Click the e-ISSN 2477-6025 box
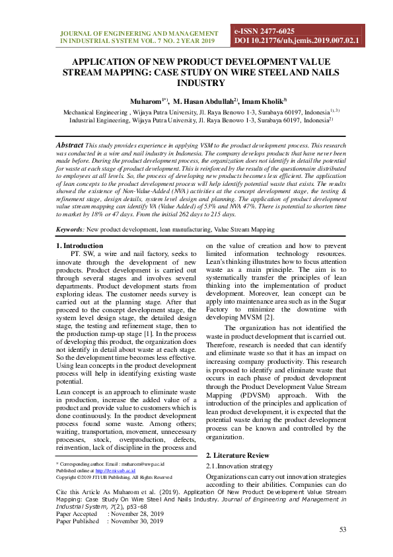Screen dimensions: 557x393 (x=264, y=31)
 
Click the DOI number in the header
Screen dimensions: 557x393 (x=297, y=40)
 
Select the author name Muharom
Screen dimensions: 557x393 (x=143, y=101)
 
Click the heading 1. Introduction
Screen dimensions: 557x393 (x=80, y=246)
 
